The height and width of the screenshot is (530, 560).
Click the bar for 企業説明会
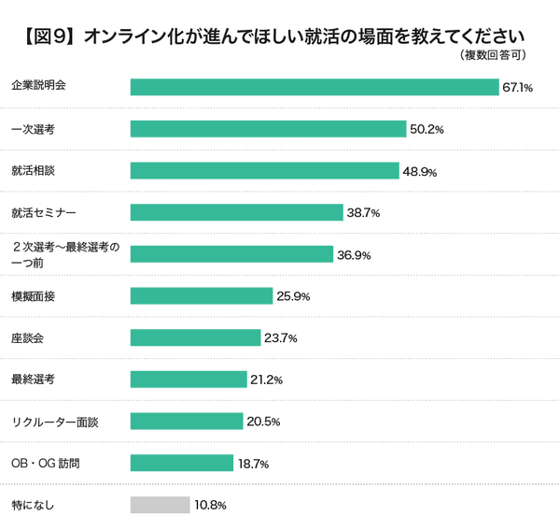tap(315, 87)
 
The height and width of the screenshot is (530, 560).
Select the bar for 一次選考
tap(268, 129)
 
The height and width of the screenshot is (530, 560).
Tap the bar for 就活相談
tap(264, 171)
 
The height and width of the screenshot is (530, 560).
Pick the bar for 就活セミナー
tap(236, 213)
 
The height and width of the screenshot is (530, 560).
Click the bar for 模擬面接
tap(202, 296)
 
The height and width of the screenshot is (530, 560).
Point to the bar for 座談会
tap(195, 337)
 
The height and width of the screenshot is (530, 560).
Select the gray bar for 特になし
tap(161, 505)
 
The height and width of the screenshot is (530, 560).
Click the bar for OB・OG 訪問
tap(182, 463)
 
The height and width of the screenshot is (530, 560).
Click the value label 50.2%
tap(426, 130)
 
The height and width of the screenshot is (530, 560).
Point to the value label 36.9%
tap(353, 255)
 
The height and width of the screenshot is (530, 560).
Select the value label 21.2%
tap(266, 380)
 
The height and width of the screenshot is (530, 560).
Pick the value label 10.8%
tap(210, 506)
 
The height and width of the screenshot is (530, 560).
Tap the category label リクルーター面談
tap(54, 422)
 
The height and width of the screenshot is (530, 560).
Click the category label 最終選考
tap(33, 380)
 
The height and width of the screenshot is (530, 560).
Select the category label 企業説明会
tap(38, 87)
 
